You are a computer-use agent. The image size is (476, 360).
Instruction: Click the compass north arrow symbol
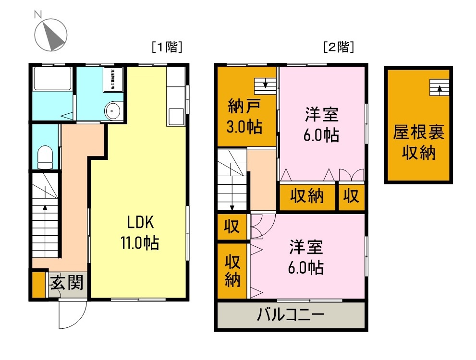pos(51,35)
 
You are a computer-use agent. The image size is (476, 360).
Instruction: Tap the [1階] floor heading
pos(166,47)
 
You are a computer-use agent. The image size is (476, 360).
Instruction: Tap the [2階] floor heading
pos(339,47)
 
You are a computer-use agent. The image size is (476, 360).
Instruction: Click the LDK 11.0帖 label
pos(140,232)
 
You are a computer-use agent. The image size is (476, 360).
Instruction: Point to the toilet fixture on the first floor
pos(45,157)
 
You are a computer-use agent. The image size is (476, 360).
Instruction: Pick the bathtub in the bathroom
pos(52,79)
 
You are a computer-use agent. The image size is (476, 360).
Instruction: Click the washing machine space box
pos(113,79)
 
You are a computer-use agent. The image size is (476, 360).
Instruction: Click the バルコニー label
pos(291,315)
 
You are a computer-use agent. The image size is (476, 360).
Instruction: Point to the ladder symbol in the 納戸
pos(266,85)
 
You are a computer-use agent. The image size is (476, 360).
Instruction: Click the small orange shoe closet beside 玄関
pos(38,284)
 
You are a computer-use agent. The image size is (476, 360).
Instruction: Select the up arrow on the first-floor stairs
pos(45,207)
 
